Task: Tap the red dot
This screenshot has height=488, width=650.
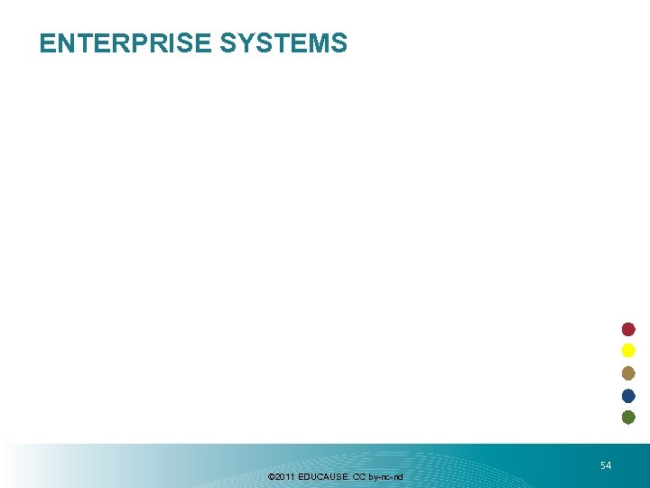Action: click(628, 329)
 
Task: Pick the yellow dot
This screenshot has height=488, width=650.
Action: click(628, 351)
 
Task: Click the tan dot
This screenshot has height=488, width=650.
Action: click(628, 373)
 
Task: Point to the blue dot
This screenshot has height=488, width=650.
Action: click(628, 396)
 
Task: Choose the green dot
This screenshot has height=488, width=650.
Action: click(628, 418)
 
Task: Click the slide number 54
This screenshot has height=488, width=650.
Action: click(606, 465)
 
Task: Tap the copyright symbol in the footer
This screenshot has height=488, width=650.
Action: click(271, 476)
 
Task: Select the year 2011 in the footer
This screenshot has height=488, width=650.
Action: click(283, 476)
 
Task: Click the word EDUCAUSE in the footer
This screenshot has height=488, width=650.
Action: click(322, 476)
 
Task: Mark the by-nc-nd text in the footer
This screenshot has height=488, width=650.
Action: click(385, 476)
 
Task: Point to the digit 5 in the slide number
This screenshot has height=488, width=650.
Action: click(603, 465)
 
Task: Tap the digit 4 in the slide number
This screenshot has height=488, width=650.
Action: click(608, 465)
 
